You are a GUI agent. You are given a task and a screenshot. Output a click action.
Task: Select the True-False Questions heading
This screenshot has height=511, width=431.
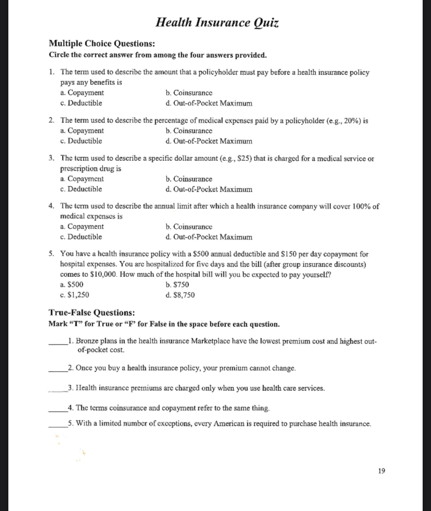92,313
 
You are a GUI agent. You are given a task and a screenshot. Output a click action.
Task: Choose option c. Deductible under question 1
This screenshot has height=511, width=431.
81,103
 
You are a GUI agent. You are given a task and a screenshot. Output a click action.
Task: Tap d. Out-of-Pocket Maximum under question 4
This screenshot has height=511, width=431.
208,237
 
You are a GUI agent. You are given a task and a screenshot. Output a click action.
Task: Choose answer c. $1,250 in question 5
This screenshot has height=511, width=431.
74,295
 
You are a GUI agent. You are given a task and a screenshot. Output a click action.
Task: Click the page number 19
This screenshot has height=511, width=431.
382,471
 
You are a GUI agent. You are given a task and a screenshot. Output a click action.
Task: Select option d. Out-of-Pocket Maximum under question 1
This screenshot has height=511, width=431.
208,103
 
